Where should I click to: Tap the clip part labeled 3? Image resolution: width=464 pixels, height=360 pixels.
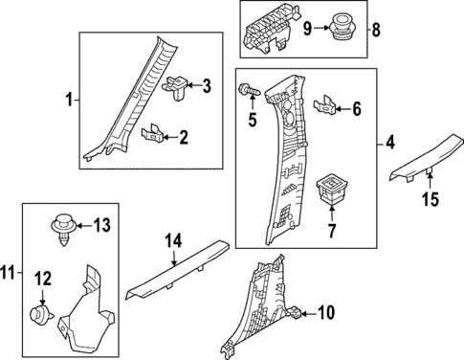pos(178,87)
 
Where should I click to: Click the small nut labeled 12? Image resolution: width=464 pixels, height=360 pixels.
pos(38,312)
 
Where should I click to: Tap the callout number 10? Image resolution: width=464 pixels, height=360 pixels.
pos(325,311)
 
